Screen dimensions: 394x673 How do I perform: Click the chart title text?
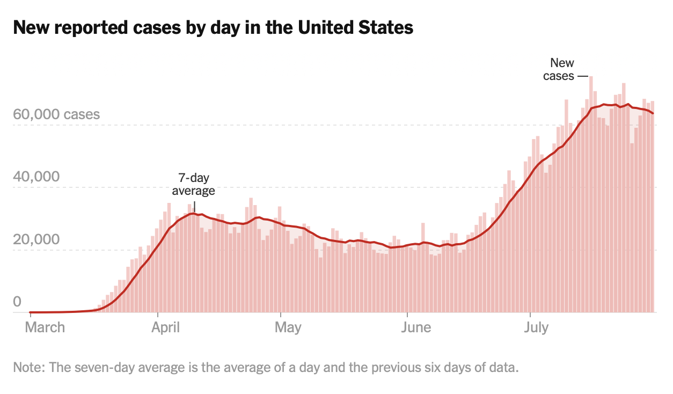pyautogui.click(x=213, y=27)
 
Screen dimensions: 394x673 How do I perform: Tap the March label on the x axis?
pyautogui.click(x=45, y=327)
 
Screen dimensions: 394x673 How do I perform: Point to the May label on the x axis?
pyautogui.click(x=288, y=327)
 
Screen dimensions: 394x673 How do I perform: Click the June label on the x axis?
pyautogui.click(x=416, y=327)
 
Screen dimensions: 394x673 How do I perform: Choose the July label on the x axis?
pyautogui.click(x=536, y=327)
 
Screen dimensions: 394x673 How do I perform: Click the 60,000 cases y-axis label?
pyautogui.click(x=56, y=114)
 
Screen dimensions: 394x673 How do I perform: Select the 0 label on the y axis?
pyautogui.click(x=17, y=302)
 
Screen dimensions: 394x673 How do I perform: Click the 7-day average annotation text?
pyautogui.click(x=193, y=184)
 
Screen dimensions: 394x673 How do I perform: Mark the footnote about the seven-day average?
pyautogui.click(x=266, y=368)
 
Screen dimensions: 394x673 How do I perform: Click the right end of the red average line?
pyautogui.click(x=653, y=113)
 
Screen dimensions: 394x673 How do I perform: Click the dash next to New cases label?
pyautogui.click(x=583, y=76)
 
